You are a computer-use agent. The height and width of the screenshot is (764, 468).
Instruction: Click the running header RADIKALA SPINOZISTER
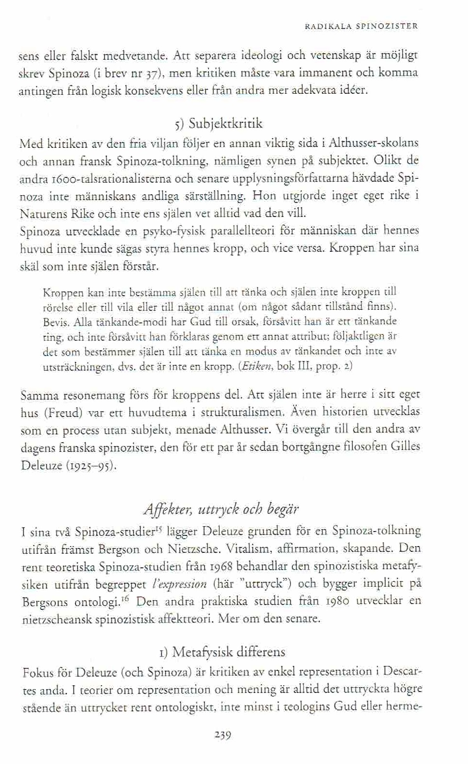(x=361, y=27)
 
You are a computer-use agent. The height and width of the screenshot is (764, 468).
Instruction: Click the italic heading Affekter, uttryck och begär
(x=221, y=509)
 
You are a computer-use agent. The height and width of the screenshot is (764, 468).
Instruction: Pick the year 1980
(x=335, y=602)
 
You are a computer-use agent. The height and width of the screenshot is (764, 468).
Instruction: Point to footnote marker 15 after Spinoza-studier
(x=157, y=529)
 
